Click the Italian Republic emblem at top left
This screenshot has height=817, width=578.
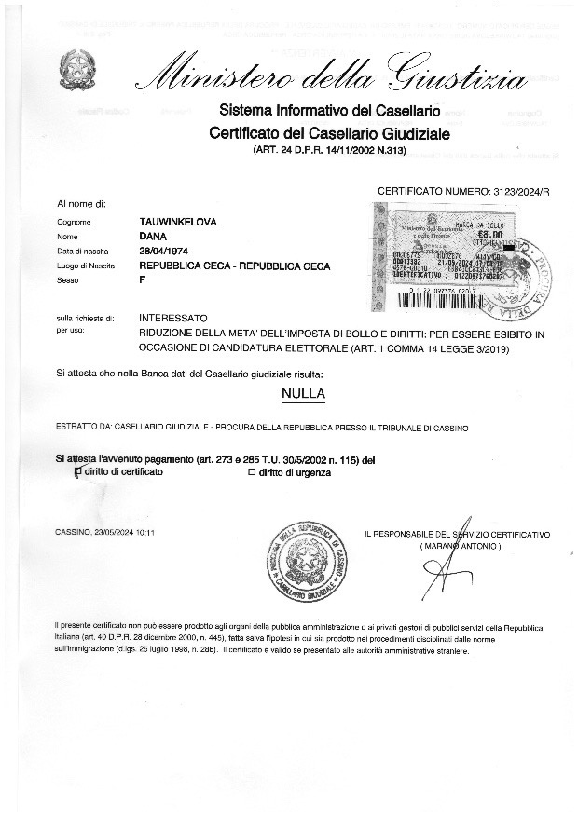point(73,68)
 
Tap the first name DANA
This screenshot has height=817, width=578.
point(151,237)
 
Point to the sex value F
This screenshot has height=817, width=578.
point(142,279)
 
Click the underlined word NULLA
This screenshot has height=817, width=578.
point(303,394)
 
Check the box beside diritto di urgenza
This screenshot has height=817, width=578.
point(251,472)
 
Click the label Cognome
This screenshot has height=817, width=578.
point(73,223)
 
